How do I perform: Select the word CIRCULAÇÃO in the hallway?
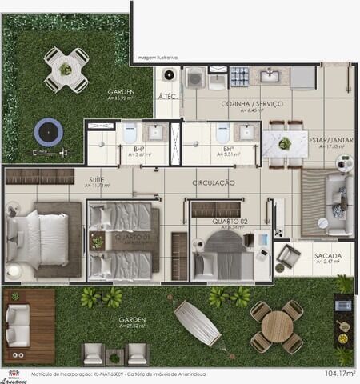point(213,183)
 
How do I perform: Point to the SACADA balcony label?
point(328,256)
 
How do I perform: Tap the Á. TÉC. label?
point(167,96)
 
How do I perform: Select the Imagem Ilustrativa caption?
point(157,58)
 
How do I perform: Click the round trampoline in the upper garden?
point(48,131)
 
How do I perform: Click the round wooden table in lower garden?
point(277,326)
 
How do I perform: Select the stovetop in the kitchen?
point(239,77)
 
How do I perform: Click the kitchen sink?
point(270,76)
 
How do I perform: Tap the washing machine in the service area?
point(196,78)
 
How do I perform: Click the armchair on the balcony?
point(289,256)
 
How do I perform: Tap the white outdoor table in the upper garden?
point(66,69)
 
